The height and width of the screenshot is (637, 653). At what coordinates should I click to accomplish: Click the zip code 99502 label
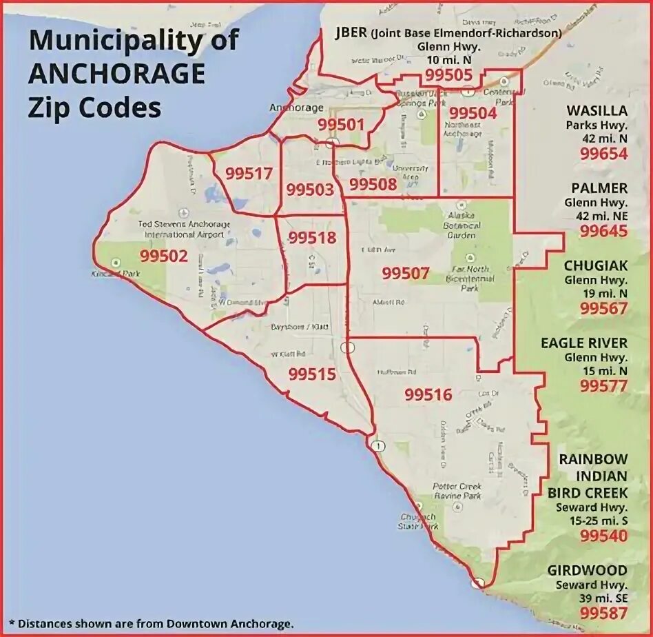(163, 256)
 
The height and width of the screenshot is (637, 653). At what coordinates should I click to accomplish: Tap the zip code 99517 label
(249, 174)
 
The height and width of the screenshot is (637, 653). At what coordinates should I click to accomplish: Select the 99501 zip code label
(340, 125)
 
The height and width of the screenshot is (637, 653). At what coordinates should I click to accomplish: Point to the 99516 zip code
(428, 394)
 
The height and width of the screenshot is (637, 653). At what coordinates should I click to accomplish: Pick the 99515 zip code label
(312, 374)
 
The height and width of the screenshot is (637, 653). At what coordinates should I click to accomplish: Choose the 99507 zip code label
(406, 273)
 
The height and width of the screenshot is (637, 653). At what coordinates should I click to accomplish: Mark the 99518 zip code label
(312, 238)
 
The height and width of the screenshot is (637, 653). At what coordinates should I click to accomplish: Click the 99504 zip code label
(472, 113)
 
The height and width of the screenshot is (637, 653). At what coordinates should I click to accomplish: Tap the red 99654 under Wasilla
(603, 154)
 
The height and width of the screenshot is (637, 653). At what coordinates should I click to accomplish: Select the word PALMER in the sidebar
(599, 188)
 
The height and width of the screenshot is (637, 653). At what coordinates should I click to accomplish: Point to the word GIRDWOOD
(588, 570)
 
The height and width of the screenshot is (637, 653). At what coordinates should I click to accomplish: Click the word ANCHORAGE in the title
(116, 73)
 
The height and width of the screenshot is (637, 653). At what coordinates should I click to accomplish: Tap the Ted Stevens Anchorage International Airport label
(184, 229)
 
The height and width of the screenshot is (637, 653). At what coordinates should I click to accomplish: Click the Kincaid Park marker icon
(115, 262)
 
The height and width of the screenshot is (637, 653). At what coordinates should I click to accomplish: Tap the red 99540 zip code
(603, 536)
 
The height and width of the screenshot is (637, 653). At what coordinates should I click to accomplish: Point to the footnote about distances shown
(152, 624)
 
